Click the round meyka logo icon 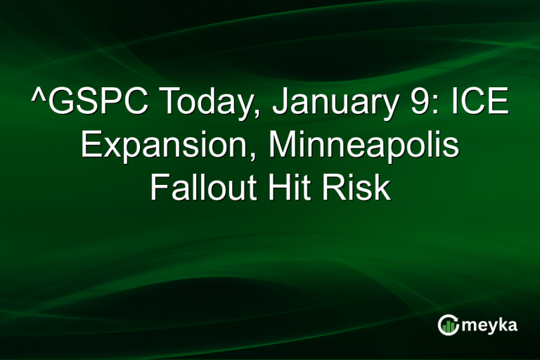click(x=448, y=324)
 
